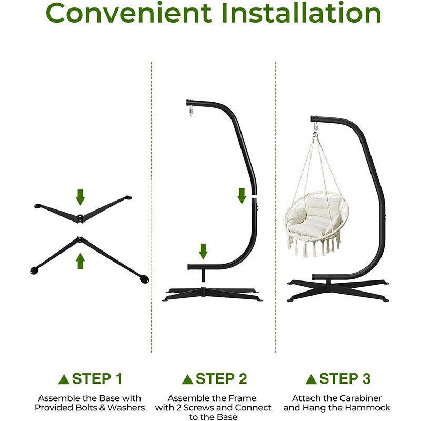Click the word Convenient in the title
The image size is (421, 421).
tap(128, 13)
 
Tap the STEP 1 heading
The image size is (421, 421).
tap(97, 379)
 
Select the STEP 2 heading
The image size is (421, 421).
tap(221, 379)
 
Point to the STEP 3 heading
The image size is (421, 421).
tap(345, 379)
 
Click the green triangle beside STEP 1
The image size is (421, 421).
tap(64, 379)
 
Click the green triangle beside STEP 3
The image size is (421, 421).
tap(311, 379)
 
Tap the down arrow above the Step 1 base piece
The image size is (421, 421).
tap(81, 197)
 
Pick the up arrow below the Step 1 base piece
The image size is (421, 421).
tap(81, 261)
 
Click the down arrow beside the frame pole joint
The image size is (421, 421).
tap(242, 196)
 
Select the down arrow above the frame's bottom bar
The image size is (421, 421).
tap(203, 252)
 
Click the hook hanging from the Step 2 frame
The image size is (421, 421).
tap(191, 111)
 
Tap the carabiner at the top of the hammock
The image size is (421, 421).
tap(315, 127)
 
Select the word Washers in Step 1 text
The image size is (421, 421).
tap(126, 407)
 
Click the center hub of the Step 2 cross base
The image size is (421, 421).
tap(203, 292)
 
